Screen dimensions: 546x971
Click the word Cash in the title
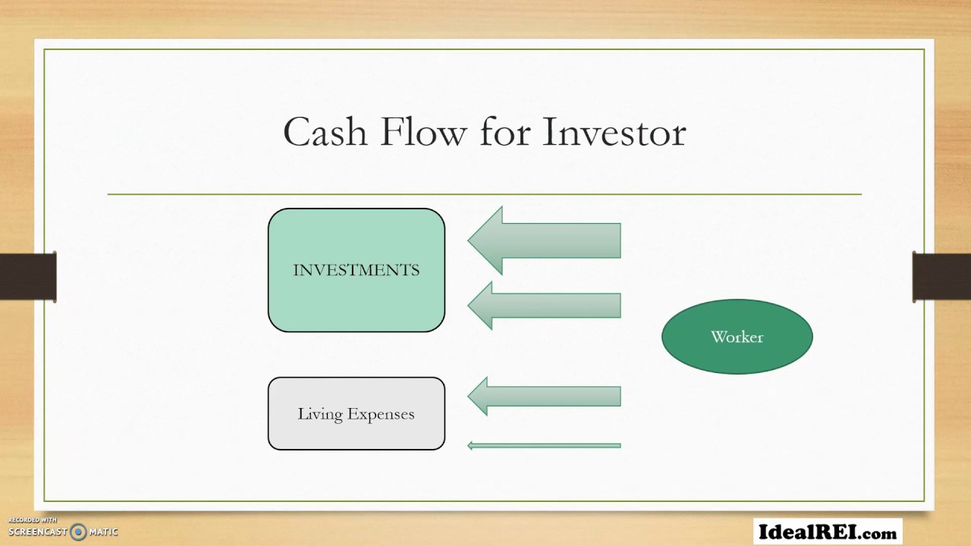coord(325,132)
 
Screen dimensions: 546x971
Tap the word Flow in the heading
coord(423,132)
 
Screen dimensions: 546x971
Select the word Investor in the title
coord(614,132)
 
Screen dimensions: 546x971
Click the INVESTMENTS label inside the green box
coord(356,270)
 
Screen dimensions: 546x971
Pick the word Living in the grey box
coord(319,414)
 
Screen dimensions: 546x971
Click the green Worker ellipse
coord(737,337)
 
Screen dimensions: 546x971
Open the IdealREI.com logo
coord(828,532)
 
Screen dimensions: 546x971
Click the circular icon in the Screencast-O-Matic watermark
coord(78,532)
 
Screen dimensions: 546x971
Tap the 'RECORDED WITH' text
coord(33,520)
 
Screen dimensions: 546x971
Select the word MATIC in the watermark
coord(103,532)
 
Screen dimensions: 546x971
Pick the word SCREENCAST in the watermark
coord(38,532)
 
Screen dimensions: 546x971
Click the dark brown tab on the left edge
coord(28,277)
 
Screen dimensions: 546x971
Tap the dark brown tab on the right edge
coord(941,277)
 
